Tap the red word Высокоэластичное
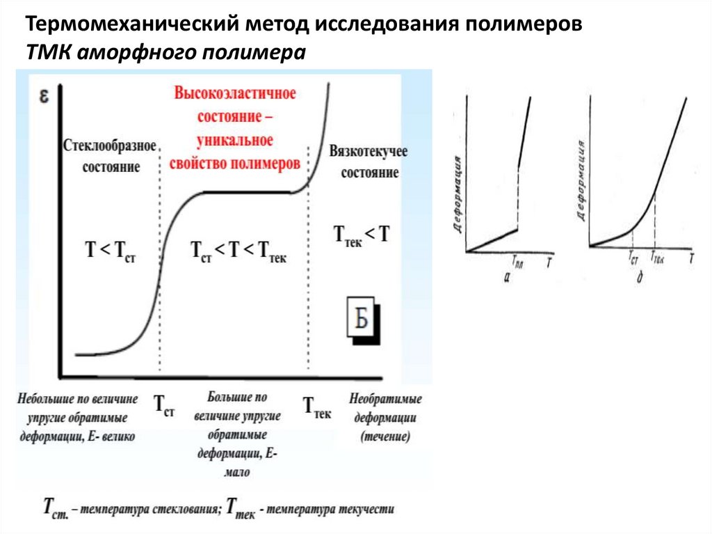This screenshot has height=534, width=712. click(236, 93)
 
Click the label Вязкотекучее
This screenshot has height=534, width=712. click(368, 152)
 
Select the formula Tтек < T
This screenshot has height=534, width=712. click(362, 234)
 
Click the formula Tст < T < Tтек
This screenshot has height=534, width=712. click(238, 253)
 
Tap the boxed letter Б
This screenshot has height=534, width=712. click(361, 320)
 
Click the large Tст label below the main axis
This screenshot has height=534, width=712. click(163, 405)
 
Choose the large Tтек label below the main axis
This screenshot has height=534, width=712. click(316, 405)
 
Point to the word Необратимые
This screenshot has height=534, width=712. click(386, 400)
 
